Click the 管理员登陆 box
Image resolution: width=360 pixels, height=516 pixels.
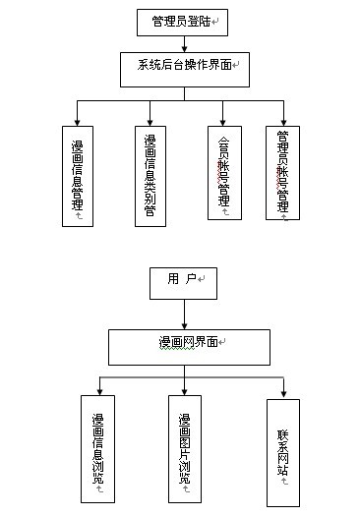pyautogui.click(x=184, y=21)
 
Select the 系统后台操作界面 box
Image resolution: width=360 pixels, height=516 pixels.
pyautogui.click(x=184, y=67)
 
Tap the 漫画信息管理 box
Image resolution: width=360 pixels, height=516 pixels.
pyautogui.click(x=77, y=176)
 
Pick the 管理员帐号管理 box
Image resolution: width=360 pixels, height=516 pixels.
pyautogui.click(x=283, y=173)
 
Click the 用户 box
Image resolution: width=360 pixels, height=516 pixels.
pyautogui.click(x=182, y=282)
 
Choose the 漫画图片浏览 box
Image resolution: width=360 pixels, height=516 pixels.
pyautogui.click(x=184, y=450)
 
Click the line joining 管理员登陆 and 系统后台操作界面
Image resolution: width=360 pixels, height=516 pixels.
pyautogui.click(x=184, y=43)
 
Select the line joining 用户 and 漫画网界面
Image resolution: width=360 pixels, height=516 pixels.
pyautogui.click(x=183, y=314)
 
